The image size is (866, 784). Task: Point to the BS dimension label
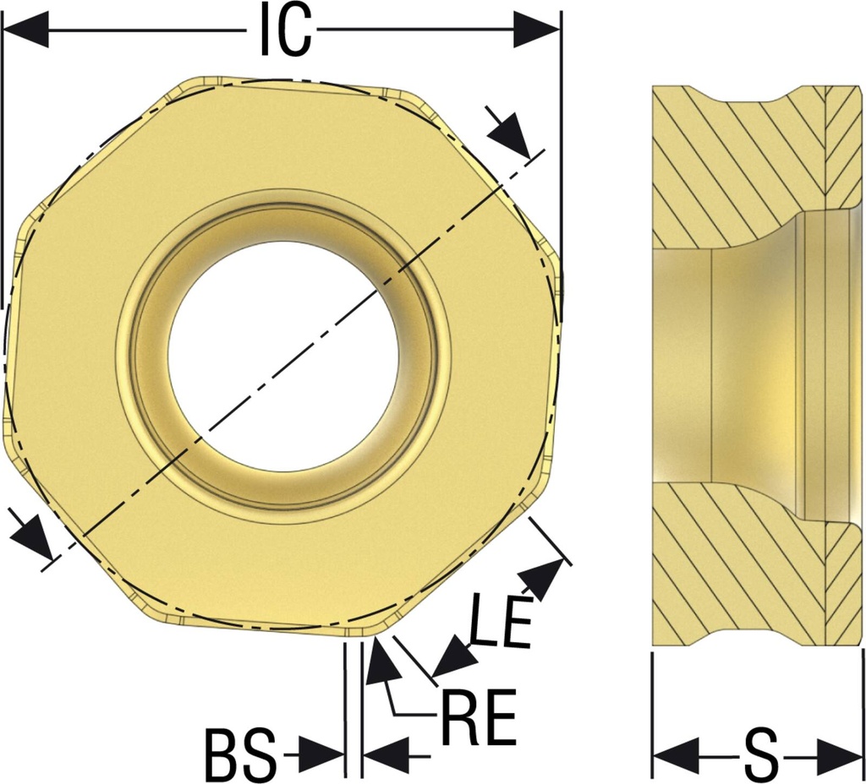click(241, 754)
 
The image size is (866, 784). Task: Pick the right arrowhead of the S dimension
click(840, 755)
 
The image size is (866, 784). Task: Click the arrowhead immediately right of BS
click(321, 754)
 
